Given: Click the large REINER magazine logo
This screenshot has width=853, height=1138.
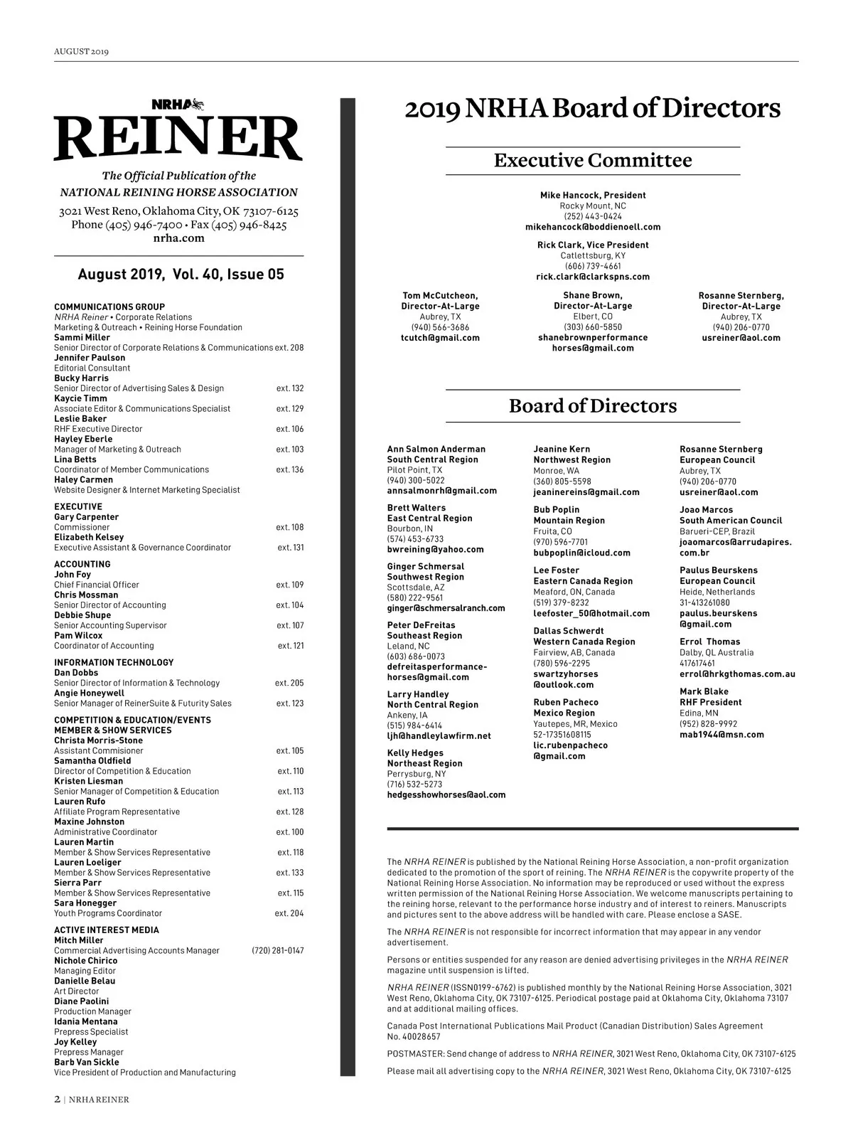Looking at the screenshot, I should coord(178,137).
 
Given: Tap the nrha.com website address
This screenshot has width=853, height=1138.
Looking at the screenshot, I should coord(178,238).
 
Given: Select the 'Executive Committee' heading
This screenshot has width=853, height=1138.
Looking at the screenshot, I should coord(592,160).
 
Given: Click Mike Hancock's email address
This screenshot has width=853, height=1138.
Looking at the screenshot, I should coord(592,227).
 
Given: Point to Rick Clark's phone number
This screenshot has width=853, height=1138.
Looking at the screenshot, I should coord(592,266).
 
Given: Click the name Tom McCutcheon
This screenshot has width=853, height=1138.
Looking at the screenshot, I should coord(440,295).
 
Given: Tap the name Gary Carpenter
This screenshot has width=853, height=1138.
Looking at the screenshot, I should coord(87,517).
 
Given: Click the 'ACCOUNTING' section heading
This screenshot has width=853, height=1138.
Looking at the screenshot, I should coord(82,564).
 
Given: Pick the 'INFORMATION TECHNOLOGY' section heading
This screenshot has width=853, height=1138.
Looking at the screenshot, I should coord(114,662).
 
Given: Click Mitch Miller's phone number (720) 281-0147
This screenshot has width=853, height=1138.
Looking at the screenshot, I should coord(277,950).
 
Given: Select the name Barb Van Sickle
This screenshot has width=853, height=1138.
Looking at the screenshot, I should coord(87,1062).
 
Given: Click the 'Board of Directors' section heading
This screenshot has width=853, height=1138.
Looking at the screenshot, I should coord(592,406).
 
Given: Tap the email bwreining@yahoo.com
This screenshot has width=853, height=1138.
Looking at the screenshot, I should coord(435,549).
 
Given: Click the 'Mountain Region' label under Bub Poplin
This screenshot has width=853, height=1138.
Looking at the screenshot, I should coord(569,521).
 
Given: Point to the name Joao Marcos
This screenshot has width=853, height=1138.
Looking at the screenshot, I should coord(706,510).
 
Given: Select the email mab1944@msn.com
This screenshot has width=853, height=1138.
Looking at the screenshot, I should coord(721,735).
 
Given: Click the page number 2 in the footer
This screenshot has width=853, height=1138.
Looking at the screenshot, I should coord(57,1099).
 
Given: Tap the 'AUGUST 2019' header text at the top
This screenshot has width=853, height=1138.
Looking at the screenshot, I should coord(81,51).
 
